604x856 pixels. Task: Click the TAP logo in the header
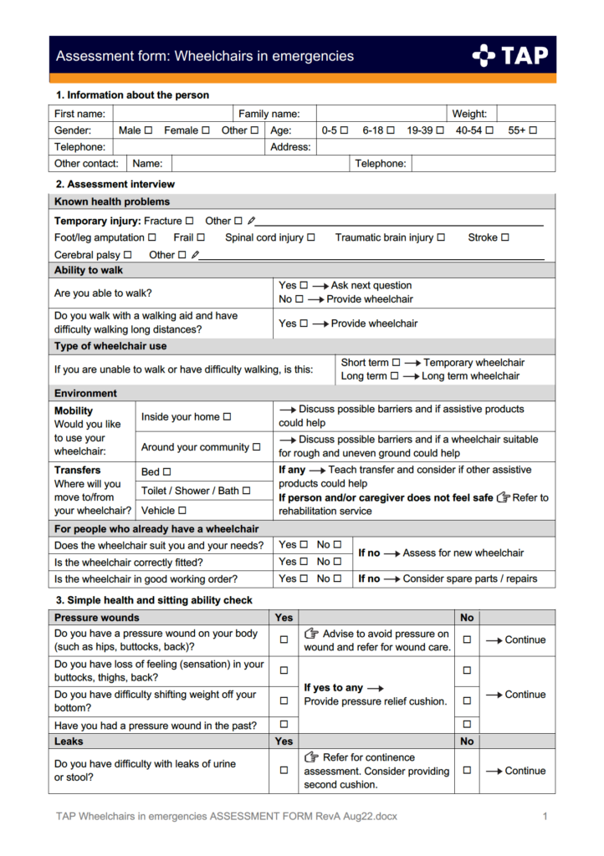[510, 56]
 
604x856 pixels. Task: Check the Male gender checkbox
[148, 130]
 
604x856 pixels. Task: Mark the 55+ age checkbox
[533, 130]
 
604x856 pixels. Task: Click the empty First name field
[172, 114]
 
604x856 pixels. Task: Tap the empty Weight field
[525, 114]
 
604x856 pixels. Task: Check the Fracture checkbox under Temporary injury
[189, 221]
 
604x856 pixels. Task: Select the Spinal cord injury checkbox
[311, 238]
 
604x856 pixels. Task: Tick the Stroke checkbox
[505, 238]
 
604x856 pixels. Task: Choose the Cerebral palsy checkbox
[128, 255]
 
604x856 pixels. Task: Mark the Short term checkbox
[397, 363]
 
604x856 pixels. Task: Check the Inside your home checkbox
[227, 416]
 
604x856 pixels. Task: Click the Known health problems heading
[112, 201]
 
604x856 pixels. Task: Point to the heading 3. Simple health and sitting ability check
[154, 600]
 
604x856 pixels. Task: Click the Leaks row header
[69, 741]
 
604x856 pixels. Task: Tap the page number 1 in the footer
[545, 816]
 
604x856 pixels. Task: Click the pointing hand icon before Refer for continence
[312, 757]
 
